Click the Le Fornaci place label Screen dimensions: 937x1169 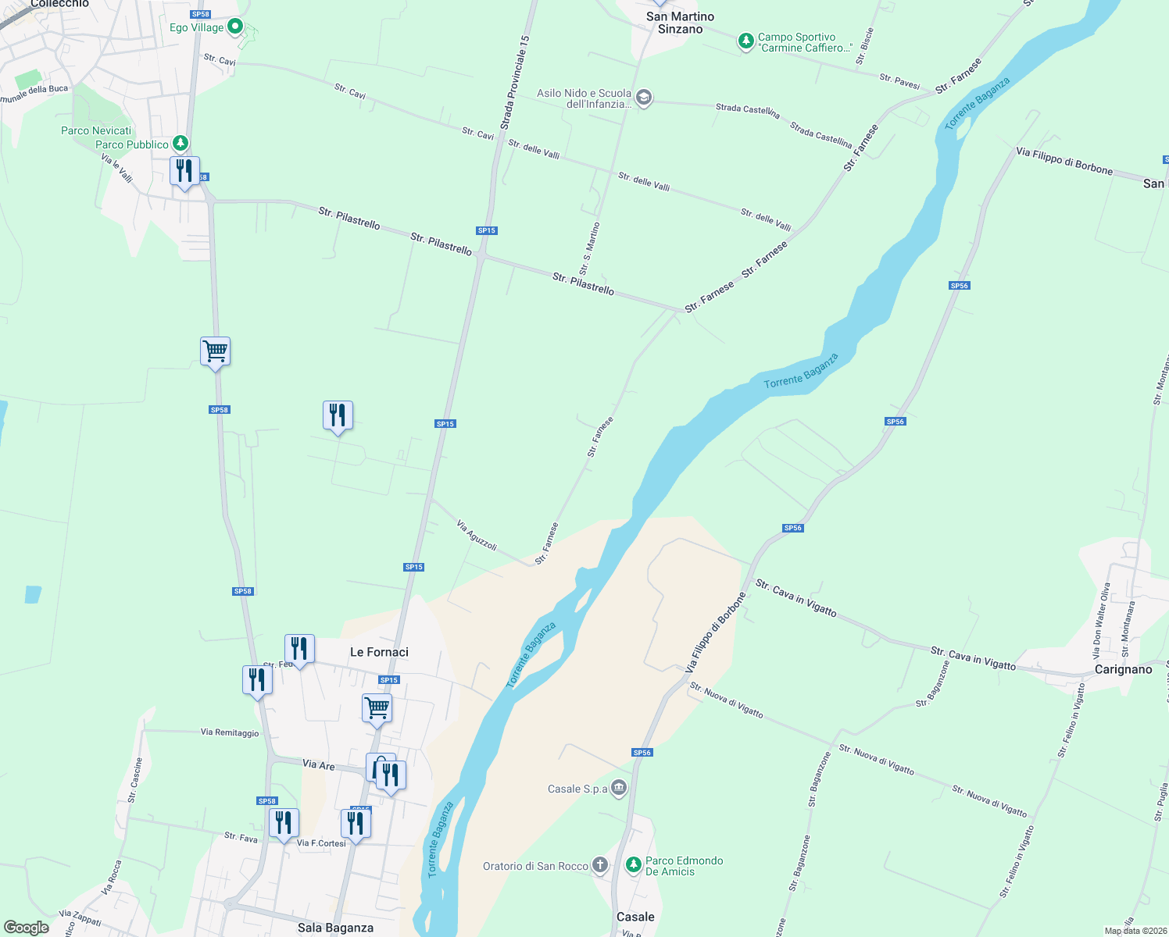[x=379, y=652]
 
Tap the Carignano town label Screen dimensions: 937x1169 [x=1123, y=669]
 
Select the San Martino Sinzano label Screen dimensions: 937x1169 [x=680, y=23]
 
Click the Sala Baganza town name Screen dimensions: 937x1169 [x=335, y=928]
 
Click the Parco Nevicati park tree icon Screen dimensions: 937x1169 [x=181, y=143]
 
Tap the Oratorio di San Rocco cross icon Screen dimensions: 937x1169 [x=599, y=864]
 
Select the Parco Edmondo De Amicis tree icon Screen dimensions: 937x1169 [x=634, y=864]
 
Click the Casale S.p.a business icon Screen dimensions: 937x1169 [x=619, y=787]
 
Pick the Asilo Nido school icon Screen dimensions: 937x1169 [x=644, y=98]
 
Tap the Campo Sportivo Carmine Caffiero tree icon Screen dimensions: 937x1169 [x=746, y=41]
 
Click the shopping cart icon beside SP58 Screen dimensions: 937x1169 [x=215, y=351]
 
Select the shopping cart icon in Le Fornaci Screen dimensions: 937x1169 [x=377, y=708]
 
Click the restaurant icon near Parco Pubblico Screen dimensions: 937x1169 [x=184, y=171]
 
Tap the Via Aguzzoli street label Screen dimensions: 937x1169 [x=477, y=536]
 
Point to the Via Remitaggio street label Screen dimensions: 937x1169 [x=230, y=732]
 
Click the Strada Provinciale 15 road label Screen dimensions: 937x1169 [x=515, y=83]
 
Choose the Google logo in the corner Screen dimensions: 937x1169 [x=27, y=928]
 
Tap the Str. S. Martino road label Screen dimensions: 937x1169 [x=590, y=248]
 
